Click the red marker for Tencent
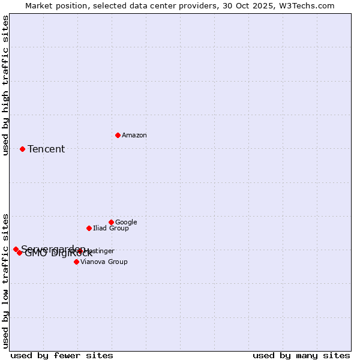point(22,149)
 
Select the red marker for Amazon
point(118,135)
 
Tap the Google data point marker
point(111,222)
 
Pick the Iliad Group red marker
point(89,228)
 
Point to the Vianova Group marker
point(76,262)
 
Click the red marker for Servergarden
point(16,249)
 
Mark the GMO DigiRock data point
point(20,253)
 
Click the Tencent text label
point(46,149)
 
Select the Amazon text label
point(134,135)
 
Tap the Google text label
point(126,222)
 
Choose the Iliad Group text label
point(111,228)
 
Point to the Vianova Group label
point(104,262)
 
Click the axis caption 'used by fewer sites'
point(62,355)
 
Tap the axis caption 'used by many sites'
point(301,355)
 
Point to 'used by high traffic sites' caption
point(5,85)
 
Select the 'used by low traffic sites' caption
point(5,280)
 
